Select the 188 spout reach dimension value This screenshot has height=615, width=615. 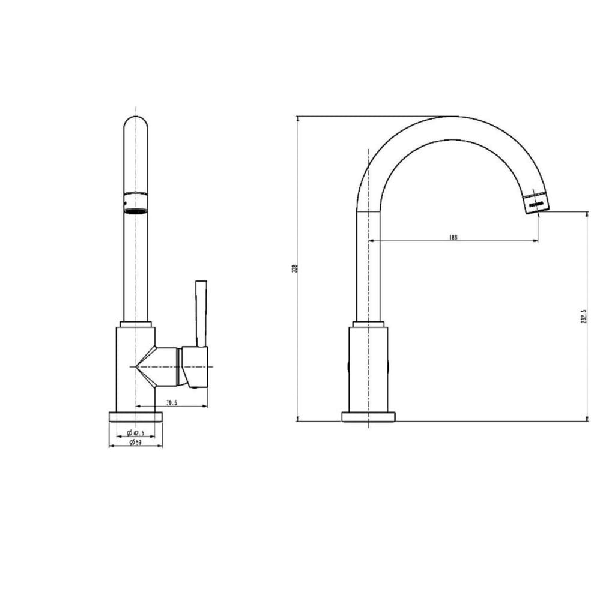click(x=453, y=237)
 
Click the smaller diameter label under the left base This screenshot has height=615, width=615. click(x=136, y=433)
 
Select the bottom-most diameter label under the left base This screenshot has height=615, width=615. click(x=135, y=443)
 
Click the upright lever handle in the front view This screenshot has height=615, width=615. click(x=200, y=313)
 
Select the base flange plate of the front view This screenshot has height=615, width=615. click(x=136, y=416)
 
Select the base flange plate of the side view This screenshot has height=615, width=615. click(x=368, y=417)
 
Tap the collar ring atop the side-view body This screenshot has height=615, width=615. click(x=368, y=324)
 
